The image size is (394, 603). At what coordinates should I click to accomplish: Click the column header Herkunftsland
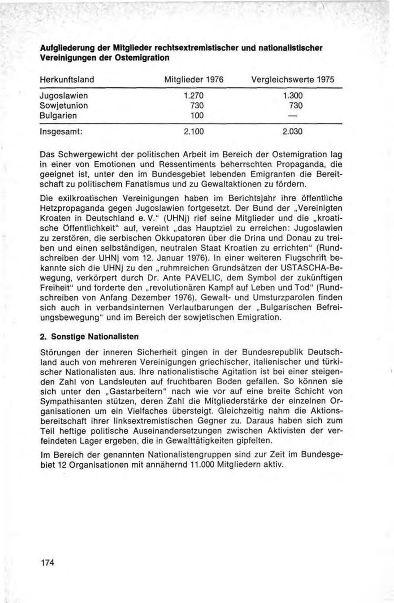click(x=67, y=80)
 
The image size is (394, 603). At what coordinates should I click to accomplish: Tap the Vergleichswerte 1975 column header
click(x=293, y=80)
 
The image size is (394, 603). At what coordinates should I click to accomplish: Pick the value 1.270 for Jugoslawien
click(x=193, y=96)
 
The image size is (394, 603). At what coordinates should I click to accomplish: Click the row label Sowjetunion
click(x=63, y=106)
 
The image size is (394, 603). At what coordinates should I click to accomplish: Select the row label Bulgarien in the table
click(x=58, y=116)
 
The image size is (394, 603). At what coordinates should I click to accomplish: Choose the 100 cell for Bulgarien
click(x=197, y=116)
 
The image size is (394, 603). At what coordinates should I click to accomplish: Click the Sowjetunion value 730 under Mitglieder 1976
click(x=197, y=106)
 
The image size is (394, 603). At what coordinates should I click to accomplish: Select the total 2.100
click(x=193, y=131)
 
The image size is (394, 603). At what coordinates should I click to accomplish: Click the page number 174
click(x=46, y=563)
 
